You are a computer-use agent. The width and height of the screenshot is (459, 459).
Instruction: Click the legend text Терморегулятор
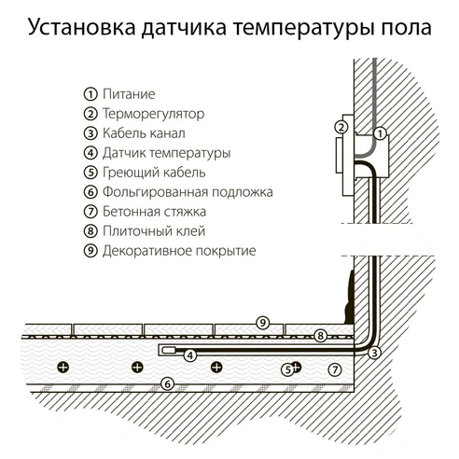(153, 114)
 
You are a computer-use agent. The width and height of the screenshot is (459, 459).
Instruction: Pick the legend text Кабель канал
(144, 133)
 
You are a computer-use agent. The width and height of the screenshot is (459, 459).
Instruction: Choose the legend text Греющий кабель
(154, 173)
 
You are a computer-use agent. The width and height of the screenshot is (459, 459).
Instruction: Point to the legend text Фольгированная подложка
(188, 192)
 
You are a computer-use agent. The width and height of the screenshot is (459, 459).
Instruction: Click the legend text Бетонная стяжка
(153, 212)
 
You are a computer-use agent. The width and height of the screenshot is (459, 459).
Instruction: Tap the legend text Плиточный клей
(150, 231)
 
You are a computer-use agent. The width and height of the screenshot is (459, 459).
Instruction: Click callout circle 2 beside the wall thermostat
(341, 128)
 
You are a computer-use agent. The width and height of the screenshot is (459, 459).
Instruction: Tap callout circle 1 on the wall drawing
(380, 135)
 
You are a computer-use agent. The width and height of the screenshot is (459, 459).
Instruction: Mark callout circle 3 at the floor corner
(374, 352)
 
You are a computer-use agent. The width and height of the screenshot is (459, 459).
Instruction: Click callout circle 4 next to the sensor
(189, 355)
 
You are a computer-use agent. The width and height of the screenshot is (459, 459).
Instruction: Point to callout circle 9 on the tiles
(263, 322)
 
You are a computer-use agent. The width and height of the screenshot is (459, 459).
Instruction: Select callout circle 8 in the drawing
(320, 335)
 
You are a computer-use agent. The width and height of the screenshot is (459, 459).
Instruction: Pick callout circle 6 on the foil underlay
(167, 382)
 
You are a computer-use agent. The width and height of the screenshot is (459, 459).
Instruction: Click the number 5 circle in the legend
(90, 173)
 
